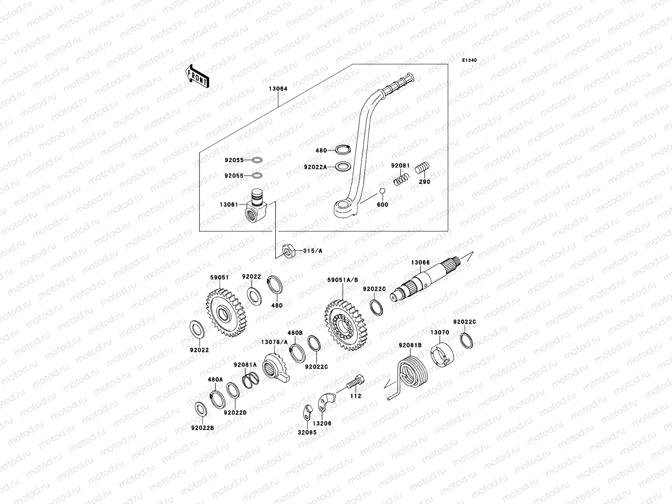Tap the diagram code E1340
470,60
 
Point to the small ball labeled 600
382,192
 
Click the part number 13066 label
420,262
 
